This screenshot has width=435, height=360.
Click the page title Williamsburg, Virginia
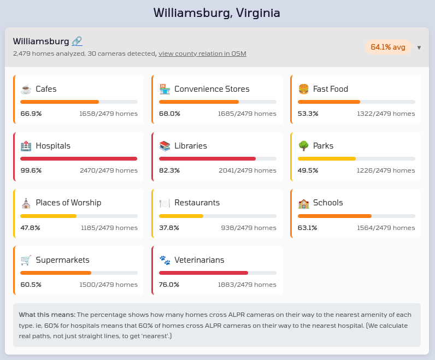217,13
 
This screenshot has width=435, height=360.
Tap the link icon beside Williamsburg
77,41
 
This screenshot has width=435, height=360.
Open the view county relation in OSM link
202,54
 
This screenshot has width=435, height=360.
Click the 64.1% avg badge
387,47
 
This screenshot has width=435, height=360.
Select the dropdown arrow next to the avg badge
419,48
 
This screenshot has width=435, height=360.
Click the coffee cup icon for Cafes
26,89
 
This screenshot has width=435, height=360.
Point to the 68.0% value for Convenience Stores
169,114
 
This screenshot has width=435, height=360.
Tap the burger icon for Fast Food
304,89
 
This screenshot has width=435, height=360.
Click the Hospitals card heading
53,146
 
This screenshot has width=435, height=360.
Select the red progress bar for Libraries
207,159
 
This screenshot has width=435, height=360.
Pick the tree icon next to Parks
304,146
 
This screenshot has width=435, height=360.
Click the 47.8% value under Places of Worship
31,227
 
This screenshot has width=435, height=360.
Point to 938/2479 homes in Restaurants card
249,227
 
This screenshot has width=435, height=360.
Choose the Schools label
328,203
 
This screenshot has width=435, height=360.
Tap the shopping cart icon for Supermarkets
26,259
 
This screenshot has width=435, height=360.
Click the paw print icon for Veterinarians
164,259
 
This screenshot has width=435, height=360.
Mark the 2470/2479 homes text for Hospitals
109,170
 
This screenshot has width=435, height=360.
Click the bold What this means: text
47,315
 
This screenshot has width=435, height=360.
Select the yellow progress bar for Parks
327,159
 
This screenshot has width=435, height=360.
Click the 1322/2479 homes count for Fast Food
386,114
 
